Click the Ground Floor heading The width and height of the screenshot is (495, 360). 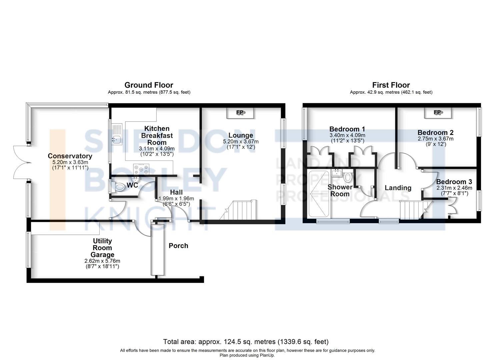149,85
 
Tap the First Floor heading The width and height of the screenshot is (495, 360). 391,85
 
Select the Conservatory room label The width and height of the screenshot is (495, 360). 70,156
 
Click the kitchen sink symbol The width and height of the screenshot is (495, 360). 116,134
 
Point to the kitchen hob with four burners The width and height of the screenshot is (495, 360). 141,169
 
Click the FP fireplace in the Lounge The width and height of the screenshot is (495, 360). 240,113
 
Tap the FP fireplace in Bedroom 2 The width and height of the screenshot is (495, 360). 438,113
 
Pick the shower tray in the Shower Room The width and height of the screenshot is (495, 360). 319,194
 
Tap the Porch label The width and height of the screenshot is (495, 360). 178,246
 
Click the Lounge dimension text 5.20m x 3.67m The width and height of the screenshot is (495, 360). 241,142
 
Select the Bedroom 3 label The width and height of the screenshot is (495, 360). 454,182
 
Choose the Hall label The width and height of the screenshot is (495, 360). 176,192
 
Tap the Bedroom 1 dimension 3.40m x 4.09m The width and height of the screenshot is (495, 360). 347,135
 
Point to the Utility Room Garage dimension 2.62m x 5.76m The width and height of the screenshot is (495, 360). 102,261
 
